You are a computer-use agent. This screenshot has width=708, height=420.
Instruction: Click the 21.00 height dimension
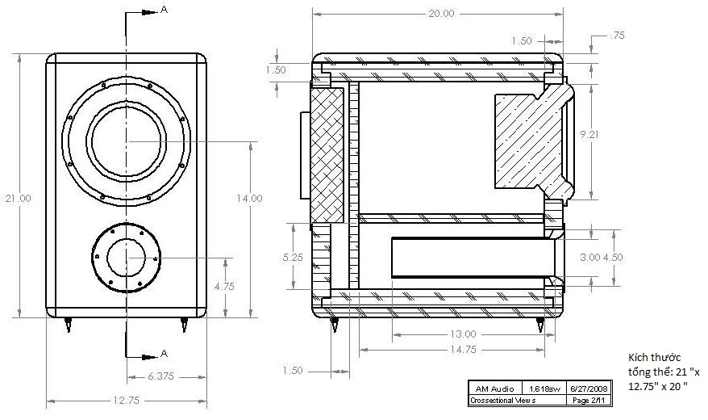point(18,198)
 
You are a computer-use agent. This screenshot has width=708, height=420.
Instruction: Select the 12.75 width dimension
point(127,400)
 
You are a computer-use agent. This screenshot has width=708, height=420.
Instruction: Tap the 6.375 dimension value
point(160,376)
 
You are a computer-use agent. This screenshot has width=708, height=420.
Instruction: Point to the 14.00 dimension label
point(249,198)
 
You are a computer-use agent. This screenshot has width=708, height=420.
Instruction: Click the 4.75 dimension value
point(224,286)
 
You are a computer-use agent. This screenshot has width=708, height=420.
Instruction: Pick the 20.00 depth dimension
point(441,14)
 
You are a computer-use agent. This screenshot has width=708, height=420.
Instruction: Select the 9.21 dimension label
point(589,134)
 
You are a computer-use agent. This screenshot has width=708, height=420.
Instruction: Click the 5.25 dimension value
point(293,257)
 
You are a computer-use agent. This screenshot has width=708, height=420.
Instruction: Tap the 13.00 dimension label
point(463,334)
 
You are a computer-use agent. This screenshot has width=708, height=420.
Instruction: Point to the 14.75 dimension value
point(464,350)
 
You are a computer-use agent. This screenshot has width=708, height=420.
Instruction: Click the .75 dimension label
point(617,36)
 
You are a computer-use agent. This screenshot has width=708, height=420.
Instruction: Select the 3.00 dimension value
point(589,257)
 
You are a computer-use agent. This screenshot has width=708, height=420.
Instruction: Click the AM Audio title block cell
point(494,388)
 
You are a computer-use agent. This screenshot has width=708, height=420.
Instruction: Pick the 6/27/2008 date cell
point(589,388)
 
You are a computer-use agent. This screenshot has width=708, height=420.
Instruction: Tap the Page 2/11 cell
point(589,400)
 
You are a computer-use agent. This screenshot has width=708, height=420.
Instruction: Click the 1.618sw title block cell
point(544,388)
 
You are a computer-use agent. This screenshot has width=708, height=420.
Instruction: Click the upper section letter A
point(164,10)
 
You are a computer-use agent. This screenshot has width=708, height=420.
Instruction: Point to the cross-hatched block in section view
point(327,155)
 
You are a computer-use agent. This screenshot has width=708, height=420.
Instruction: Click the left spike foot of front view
point(69,325)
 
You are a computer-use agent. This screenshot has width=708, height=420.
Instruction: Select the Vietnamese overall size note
point(664,372)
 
